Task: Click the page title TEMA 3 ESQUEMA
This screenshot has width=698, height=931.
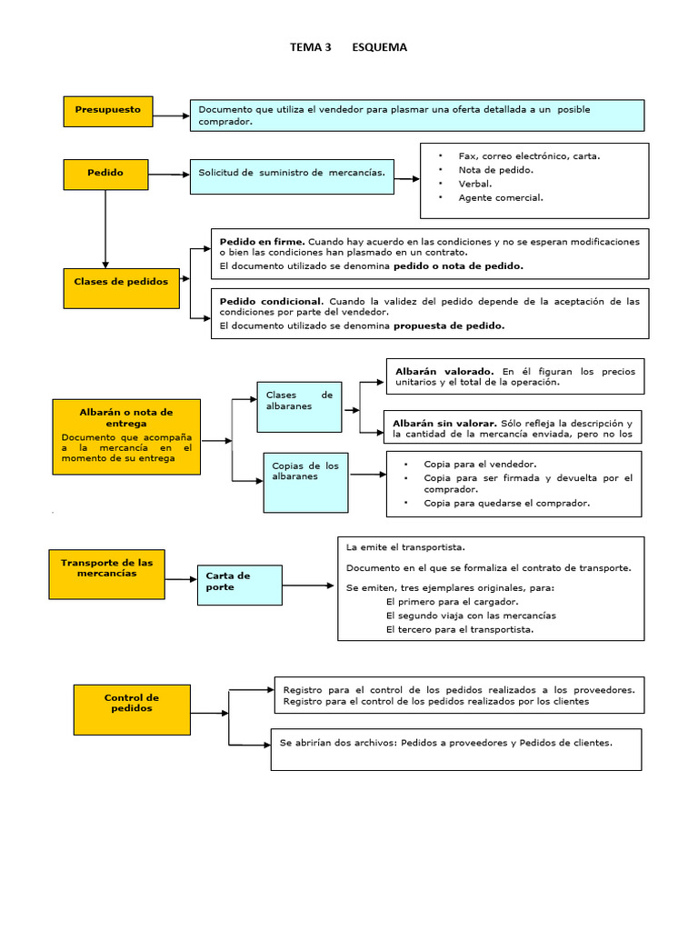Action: click(x=348, y=47)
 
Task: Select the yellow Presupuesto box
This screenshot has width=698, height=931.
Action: click(x=108, y=111)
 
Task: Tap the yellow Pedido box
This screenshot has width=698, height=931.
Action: click(x=105, y=174)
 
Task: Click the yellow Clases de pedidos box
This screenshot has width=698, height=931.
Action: click(x=121, y=287)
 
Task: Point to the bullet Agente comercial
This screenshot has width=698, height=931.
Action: click(x=500, y=197)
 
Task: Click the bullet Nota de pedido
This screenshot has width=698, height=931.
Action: click(x=495, y=170)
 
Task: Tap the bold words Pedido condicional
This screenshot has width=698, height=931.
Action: click(x=271, y=301)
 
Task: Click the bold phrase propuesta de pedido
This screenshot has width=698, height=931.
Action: click(x=448, y=325)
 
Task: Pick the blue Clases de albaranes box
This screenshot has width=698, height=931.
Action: click(x=299, y=406)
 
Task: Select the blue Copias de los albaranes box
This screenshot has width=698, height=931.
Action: click(x=305, y=482)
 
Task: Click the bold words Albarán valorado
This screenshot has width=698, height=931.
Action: click(x=444, y=371)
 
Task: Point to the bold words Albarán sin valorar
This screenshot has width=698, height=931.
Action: click(x=444, y=423)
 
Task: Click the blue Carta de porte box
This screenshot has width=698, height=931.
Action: click(x=239, y=585)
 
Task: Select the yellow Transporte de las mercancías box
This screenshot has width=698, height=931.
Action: click(x=107, y=574)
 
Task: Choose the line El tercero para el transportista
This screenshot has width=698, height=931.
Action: click(x=459, y=629)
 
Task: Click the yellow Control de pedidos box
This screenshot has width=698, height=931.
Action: click(x=132, y=709)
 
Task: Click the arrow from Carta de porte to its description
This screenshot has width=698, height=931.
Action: click(x=309, y=586)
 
